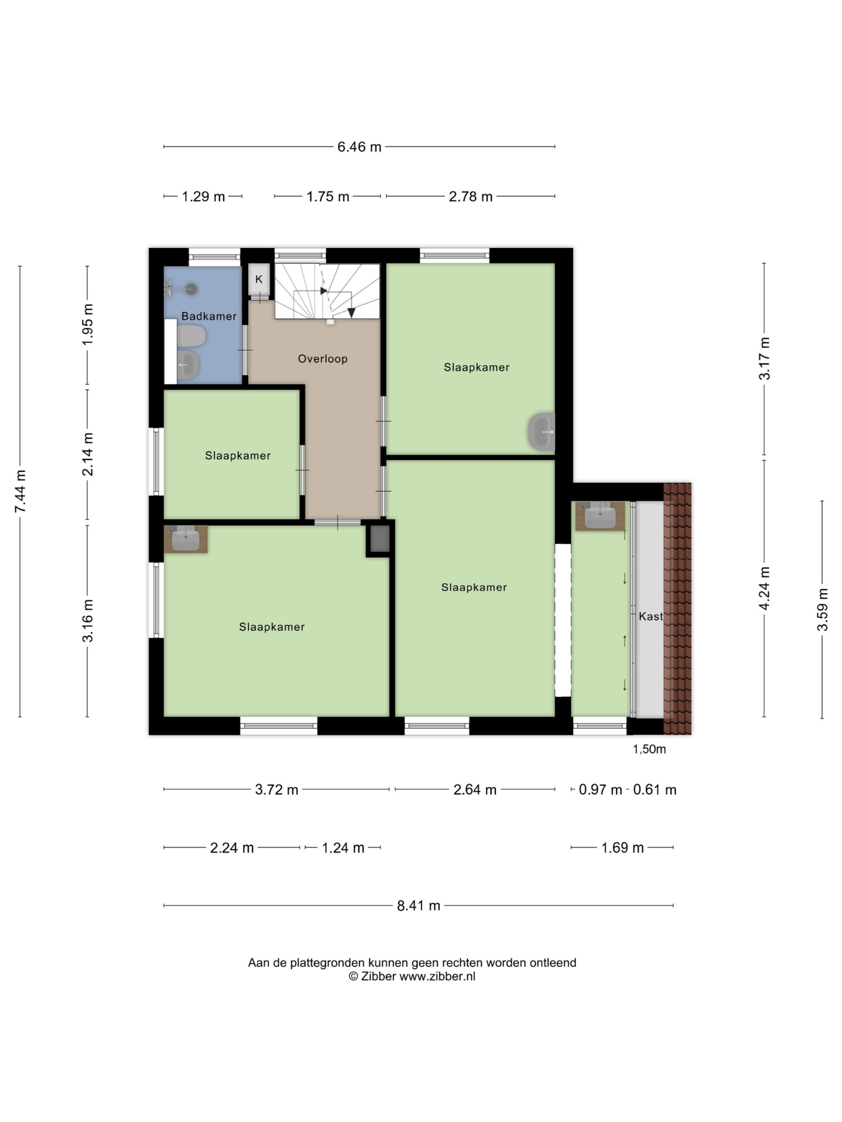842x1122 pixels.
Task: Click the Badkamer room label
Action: coord(209,316)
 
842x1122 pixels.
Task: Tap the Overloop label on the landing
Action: coord(322,359)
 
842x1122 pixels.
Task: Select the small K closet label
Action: coord(259,279)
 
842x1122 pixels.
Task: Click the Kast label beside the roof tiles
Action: coord(651,616)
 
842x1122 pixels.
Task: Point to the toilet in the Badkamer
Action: coord(191,335)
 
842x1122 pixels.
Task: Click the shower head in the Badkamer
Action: coord(191,289)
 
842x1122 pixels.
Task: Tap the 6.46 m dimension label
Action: coord(359,146)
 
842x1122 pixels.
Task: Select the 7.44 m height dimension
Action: coord(20,490)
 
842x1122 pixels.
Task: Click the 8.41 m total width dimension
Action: coord(418,905)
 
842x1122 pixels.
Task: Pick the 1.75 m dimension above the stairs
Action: coord(327,196)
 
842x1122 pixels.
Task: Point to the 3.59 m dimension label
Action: coord(822,609)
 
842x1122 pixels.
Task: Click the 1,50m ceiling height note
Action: coord(649,749)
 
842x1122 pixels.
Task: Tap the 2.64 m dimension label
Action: coord(475,790)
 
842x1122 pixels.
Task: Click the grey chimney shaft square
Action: coord(380,539)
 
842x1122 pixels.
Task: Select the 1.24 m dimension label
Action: coord(343,848)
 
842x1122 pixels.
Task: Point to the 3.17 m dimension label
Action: coord(764,359)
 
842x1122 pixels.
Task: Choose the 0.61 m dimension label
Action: coord(655,790)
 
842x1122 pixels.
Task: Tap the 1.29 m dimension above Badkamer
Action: coord(203,196)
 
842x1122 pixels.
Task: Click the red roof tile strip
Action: coord(678,608)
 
